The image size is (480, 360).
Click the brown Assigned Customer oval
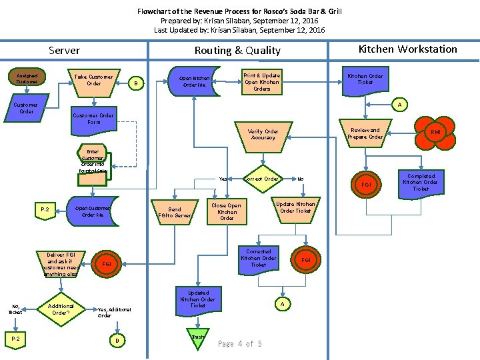click(27, 77)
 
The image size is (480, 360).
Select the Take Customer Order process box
click(94, 81)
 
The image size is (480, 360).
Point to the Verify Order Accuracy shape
click(263, 135)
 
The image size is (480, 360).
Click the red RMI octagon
click(435, 132)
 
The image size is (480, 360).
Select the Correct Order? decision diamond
click(262, 179)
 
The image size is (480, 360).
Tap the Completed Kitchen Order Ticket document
click(421, 183)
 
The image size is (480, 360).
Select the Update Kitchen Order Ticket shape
click(295, 207)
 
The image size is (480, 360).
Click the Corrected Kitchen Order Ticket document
click(259, 259)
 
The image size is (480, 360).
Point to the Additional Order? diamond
click(61, 309)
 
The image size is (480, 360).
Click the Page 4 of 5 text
click(240, 344)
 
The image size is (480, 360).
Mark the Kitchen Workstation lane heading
click(407, 49)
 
